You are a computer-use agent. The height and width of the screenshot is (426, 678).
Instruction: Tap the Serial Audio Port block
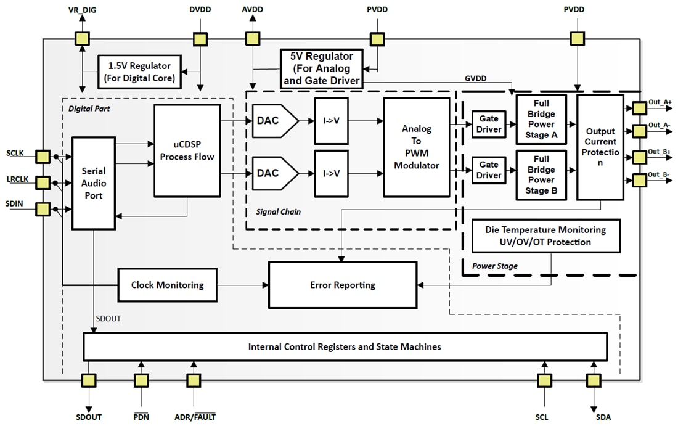pyautogui.click(x=94, y=183)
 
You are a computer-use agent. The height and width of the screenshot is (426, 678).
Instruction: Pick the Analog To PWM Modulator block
pyautogui.click(x=416, y=147)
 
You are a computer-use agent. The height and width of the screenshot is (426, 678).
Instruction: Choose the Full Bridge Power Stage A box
pyautogui.click(x=541, y=120)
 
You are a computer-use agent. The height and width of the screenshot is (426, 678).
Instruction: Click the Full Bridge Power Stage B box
pyautogui.click(x=541, y=175)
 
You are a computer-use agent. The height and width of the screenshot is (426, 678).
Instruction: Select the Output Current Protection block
pyautogui.click(x=600, y=147)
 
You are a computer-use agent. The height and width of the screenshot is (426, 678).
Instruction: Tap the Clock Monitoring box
pyautogui.click(x=167, y=285)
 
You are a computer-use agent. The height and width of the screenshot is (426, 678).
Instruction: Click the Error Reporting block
pyautogui.click(x=343, y=285)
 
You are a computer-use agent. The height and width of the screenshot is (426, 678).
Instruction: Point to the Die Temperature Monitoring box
pyautogui.click(x=545, y=236)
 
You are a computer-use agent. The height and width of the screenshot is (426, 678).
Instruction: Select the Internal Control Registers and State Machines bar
pyautogui.click(x=345, y=346)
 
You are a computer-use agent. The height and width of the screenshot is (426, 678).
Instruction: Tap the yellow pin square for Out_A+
pyautogui.click(x=639, y=108)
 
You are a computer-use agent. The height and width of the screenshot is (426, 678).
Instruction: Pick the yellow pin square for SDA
pyautogui.click(x=594, y=381)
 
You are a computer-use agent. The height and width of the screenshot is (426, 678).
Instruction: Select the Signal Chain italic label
pyautogui.click(x=278, y=212)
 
